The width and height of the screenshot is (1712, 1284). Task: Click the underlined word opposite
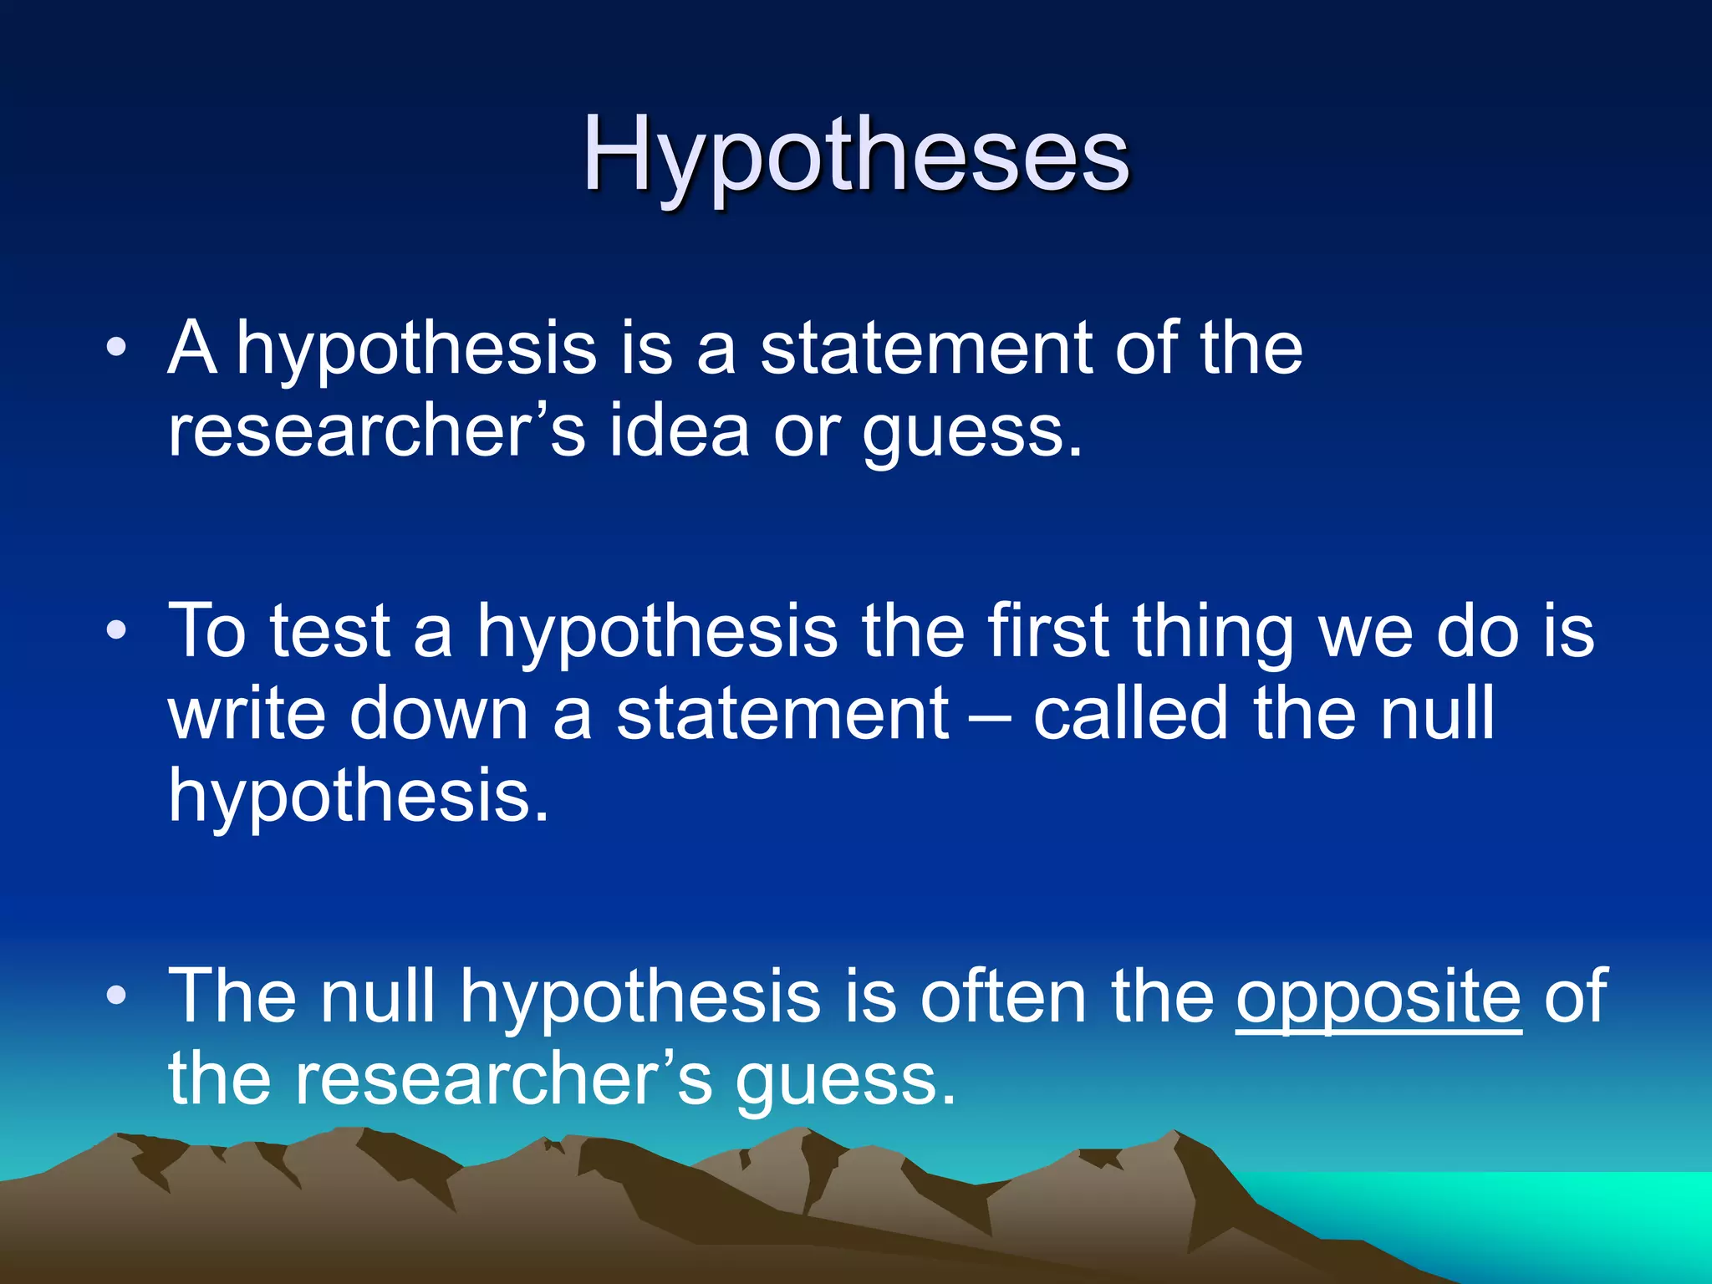click(x=1378, y=996)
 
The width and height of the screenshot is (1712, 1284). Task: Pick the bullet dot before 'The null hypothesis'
click(x=117, y=995)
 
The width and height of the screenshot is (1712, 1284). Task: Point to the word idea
click(x=679, y=431)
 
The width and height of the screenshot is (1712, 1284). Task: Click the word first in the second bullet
click(x=1048, y=631)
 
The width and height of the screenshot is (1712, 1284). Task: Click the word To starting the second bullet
click(x=207, y=631)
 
